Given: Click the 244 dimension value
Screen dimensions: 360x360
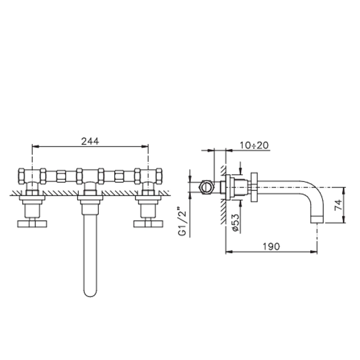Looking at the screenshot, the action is click(90, 141).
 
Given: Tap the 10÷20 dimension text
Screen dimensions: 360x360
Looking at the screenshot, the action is click(254, 145).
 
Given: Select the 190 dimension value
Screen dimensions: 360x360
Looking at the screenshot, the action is click(271, 246).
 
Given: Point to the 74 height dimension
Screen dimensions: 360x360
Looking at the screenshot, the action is click(338, 205).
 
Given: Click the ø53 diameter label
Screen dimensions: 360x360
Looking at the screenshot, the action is click(236, 223).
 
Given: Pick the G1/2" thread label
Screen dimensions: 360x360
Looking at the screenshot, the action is click(182, 222).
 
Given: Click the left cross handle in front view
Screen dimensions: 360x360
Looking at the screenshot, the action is click(32, 224).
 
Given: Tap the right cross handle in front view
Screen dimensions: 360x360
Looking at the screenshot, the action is click(148, 224).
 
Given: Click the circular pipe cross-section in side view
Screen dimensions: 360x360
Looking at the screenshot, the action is click(206, 187).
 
